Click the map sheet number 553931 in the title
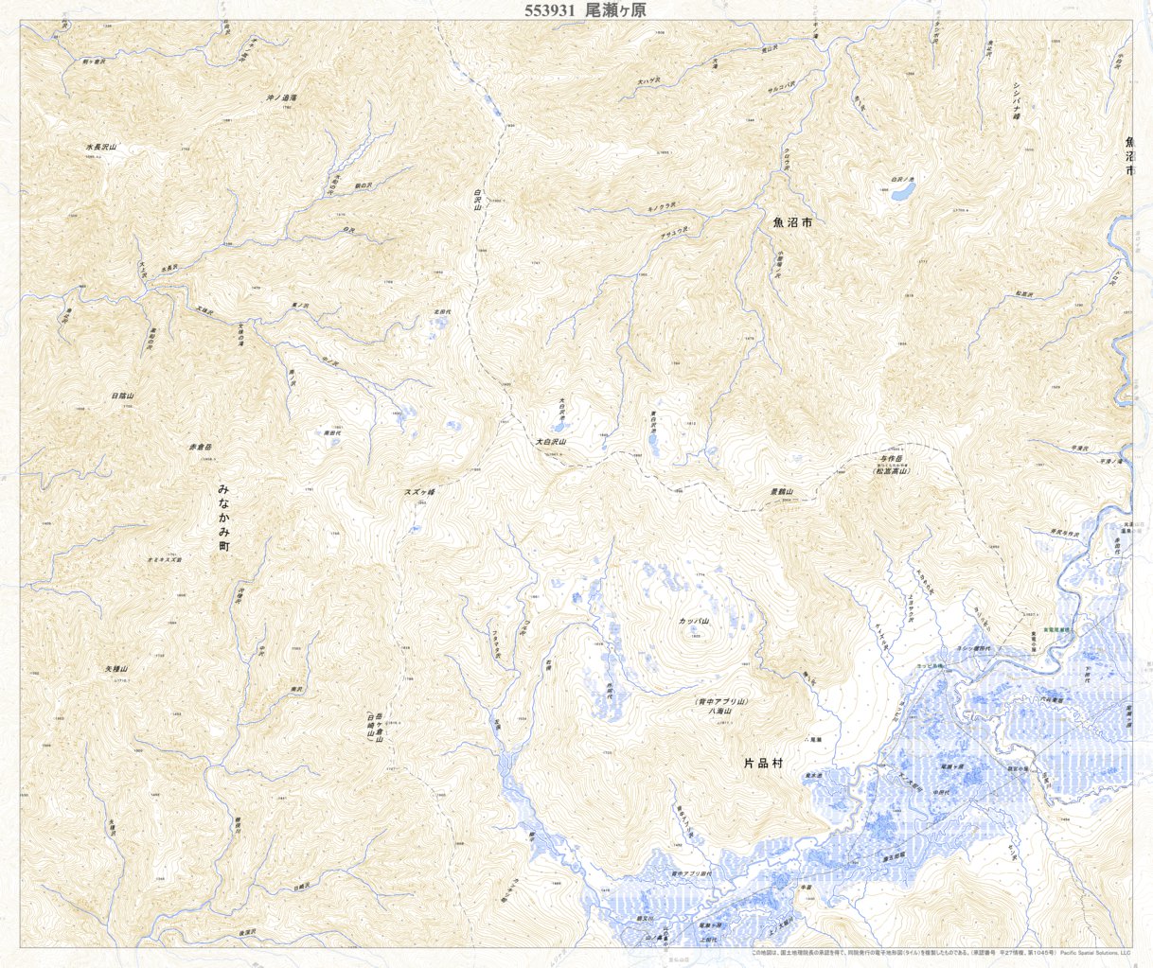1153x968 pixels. [552, 10]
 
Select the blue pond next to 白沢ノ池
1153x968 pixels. [899, 191]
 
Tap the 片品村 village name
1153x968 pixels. [768, 762]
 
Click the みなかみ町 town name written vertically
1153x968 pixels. [224, 518]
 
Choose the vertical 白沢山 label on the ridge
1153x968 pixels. [478, 205]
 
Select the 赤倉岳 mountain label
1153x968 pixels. [201, 445]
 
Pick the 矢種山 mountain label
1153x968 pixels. [115, 669]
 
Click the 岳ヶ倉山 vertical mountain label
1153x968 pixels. [379, 728]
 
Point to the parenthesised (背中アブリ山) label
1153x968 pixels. [721, 701]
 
